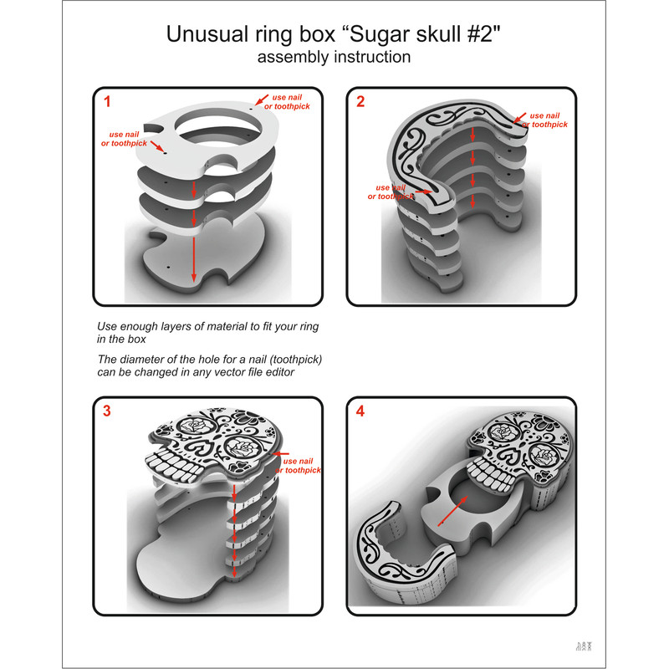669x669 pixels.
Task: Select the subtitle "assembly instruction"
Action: point(334,58)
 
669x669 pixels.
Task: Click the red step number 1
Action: point(106,103)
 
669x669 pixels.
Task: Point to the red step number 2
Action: point(360,103)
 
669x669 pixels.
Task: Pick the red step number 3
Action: point(106,411)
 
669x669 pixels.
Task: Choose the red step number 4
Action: point(360,411)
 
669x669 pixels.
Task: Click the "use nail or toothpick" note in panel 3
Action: point(302,466)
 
